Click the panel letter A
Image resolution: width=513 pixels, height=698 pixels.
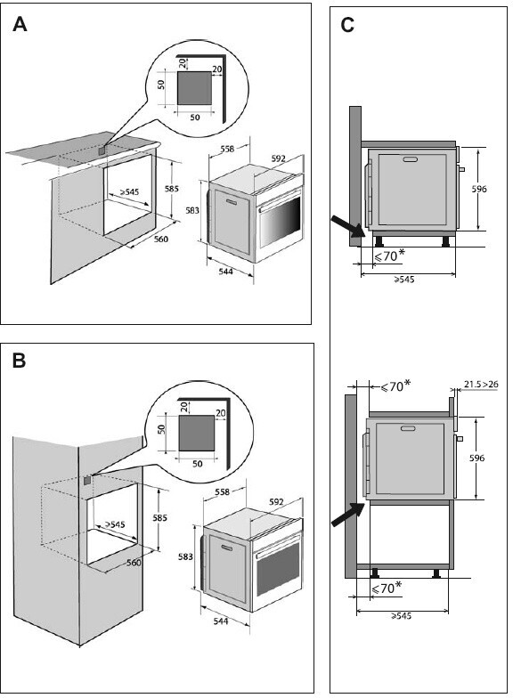(x=20, y=24)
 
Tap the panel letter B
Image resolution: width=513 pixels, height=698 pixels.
(x=20, y=360)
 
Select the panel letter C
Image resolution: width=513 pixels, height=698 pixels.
(x=347, y=25)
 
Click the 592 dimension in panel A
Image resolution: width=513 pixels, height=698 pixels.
(x=278, y=158)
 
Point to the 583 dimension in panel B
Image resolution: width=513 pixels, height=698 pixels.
(x=185, y=556)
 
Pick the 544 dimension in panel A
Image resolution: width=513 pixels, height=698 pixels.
(x=226, y=271)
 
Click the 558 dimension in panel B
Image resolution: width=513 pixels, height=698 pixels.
(x=222, y=491)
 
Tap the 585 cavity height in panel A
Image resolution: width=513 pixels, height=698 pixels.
(x=171, y=189)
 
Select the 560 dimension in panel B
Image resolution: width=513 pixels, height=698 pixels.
(x=134, y=563)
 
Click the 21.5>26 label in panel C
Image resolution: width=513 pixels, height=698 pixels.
(x=481, y=384)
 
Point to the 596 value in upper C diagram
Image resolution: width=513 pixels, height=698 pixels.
(x=479, y=189)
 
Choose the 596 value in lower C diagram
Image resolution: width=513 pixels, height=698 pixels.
(x=477, y=458)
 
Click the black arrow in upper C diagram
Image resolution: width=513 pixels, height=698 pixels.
(x=349, y=226)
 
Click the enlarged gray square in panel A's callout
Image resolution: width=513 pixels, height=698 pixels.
(x=194, y=87)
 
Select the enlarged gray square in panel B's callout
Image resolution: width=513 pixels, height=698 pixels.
(x=196, y=433)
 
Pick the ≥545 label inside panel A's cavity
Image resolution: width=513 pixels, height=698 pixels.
(x=129, y=192)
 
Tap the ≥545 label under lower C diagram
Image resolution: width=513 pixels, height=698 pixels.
(x=401, y=616)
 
